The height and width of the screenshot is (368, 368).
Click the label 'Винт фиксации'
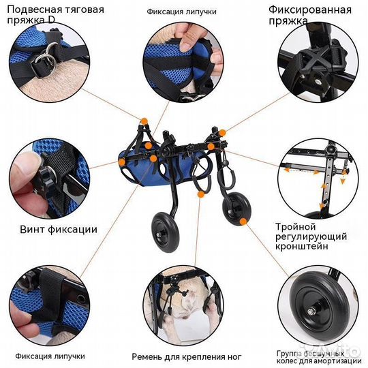coord(59,229)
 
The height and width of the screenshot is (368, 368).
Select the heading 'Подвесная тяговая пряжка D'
coord(55,15)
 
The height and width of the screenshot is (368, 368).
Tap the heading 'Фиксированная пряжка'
coord(310,15)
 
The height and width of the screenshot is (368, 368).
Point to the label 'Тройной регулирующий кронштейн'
coord(311,236)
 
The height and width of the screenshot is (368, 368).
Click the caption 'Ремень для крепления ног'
coord(186,356)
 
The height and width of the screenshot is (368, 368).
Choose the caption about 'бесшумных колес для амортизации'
coord(319,357)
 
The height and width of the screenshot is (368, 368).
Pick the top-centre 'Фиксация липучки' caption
coord(181,12)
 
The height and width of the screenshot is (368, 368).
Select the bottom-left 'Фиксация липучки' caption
coord(50,356)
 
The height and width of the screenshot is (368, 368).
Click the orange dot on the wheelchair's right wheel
coord(243,221)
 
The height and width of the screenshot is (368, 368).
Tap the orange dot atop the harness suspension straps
coord(144,121)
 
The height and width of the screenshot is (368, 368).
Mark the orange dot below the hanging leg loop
coord(201,194)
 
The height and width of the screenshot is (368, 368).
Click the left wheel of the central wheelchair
coord(166,232)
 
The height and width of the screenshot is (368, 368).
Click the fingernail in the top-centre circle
coord(186,44)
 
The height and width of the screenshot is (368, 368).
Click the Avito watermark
coord(333,349)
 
